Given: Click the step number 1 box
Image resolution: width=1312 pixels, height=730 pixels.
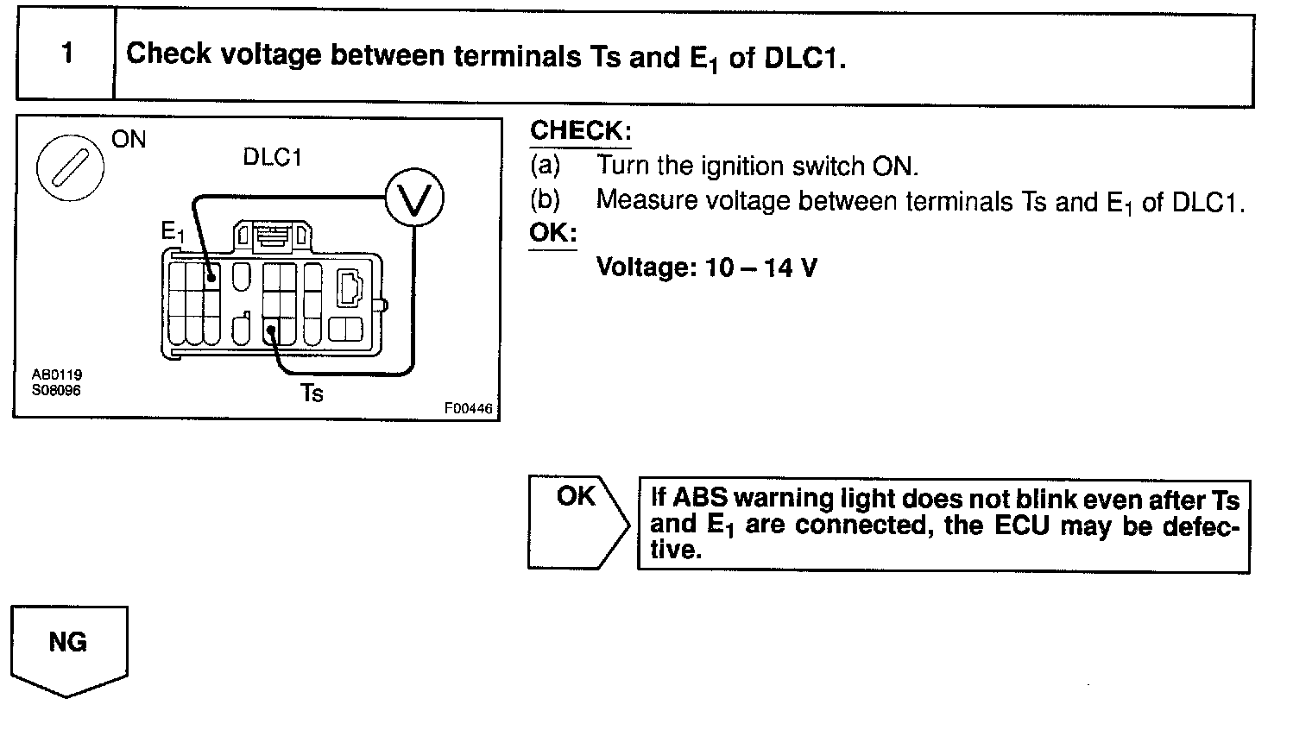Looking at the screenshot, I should [66, 54].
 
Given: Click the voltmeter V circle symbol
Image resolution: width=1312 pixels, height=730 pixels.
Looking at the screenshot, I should [413, 198].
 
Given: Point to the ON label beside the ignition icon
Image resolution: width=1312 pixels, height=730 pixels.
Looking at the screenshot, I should [129, 140].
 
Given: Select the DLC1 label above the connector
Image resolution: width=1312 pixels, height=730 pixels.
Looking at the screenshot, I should [272, 158].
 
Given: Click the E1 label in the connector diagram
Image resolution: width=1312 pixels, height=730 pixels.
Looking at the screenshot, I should [173, 231].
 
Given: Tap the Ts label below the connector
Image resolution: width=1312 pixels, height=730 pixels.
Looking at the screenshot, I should [312, 393].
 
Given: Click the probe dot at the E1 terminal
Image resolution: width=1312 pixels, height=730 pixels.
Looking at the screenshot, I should [211, 278].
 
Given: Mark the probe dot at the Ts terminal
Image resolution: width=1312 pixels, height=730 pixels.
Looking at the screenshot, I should [271, 330].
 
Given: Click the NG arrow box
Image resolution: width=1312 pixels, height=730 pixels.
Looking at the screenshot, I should [68, 645].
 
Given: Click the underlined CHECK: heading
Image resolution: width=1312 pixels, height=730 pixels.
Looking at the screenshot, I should [580, 131].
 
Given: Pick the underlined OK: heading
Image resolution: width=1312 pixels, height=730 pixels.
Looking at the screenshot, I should [552, 234].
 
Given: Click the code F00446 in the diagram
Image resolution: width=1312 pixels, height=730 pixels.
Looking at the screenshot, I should [468, 409].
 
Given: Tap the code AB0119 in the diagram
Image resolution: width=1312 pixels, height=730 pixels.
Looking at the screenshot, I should [57, 375].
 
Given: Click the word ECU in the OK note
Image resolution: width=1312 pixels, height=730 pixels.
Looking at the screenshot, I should [1023, 525].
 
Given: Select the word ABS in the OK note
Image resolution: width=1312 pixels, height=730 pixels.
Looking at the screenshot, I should [700, 499].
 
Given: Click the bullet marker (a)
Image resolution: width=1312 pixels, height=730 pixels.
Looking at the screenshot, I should [545, 165].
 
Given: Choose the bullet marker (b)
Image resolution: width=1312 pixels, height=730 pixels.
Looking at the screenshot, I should [545, 200].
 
